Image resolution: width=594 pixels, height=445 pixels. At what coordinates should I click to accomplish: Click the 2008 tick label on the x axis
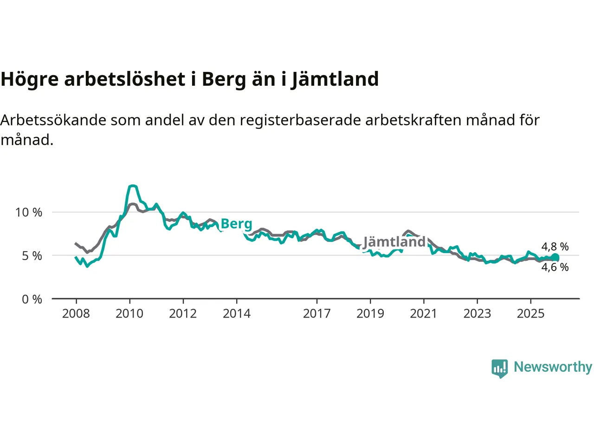[x=76, y=313]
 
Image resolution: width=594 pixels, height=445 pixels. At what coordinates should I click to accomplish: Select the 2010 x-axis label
[x=129, y=313]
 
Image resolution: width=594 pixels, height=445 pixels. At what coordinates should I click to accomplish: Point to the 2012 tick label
[x=183, y=313]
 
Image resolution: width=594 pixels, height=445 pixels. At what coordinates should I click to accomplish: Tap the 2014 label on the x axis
[x=237, y=313]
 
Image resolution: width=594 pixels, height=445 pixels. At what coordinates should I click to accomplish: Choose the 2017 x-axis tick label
[x=317, y=313]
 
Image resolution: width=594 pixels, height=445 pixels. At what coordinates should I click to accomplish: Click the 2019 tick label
[x=370, y=313]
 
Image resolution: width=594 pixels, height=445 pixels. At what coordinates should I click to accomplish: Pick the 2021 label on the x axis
[x=424, y=313]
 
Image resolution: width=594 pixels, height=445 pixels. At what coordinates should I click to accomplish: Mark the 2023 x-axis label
[x=477, y=313]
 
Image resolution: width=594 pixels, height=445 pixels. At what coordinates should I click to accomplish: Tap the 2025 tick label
[x=531, y=313]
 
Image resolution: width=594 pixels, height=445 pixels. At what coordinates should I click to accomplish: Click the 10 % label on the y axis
[x=29, y=212]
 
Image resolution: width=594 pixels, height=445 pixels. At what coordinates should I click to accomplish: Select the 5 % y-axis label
[x=32, y=256]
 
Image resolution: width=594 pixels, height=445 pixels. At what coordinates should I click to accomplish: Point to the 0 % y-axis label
[x=32, y=299]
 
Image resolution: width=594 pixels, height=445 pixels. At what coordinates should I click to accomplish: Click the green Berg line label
[x=237, y=224]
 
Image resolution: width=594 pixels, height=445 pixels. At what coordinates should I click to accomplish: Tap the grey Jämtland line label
[x=394, y=242]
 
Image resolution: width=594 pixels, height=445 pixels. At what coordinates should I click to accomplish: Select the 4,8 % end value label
[x=555, y=247]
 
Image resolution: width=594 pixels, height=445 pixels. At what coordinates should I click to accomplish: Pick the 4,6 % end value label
[x=555, y=267]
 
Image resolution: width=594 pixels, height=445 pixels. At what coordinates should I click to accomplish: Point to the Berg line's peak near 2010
[x=133, y=186]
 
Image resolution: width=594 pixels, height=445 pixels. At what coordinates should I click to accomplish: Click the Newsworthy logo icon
[x=500, y=368]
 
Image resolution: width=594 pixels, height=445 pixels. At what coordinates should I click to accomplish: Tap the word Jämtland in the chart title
[x=335, y=79]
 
